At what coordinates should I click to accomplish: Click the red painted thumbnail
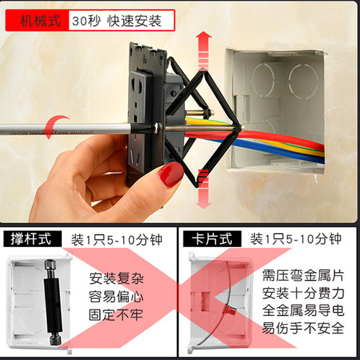171,174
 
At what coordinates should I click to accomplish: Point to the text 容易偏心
117,297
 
